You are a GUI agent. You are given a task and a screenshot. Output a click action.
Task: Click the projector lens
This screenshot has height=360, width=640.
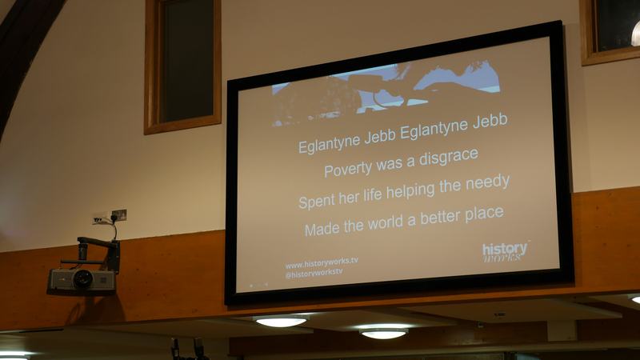(x=83, y=278)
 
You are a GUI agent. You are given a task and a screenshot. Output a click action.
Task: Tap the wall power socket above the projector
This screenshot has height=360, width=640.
(x=110, y=217)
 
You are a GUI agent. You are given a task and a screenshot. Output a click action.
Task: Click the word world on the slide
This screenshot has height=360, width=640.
(x=387, y=223)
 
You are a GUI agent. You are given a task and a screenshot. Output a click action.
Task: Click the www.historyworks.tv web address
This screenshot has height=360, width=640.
(x=322, y=262)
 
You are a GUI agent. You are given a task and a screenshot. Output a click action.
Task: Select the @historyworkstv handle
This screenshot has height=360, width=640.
(x=314, y=273)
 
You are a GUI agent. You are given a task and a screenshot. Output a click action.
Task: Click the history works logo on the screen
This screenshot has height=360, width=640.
(x=506, y=251)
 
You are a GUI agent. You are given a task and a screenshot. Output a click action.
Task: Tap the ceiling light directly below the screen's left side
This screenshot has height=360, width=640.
(x=281, y=322)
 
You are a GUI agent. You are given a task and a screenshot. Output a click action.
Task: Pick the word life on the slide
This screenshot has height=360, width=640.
(x=372, y=195)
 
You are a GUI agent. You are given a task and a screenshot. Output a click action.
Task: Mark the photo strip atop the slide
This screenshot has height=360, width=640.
(x=386, y=94)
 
